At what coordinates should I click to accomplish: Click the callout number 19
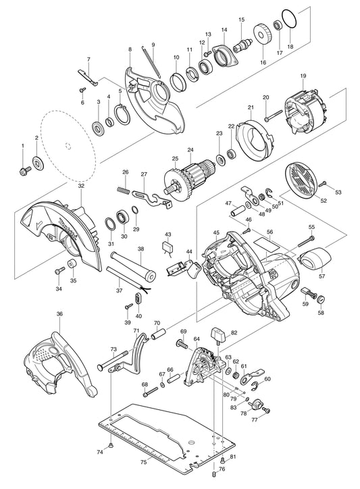[303, 78]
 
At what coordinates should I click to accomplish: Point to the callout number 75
[143, 462]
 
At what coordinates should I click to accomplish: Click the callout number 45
[216, 233]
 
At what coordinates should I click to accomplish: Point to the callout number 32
[81, 185]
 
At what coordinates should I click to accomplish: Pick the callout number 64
[197, 338]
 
